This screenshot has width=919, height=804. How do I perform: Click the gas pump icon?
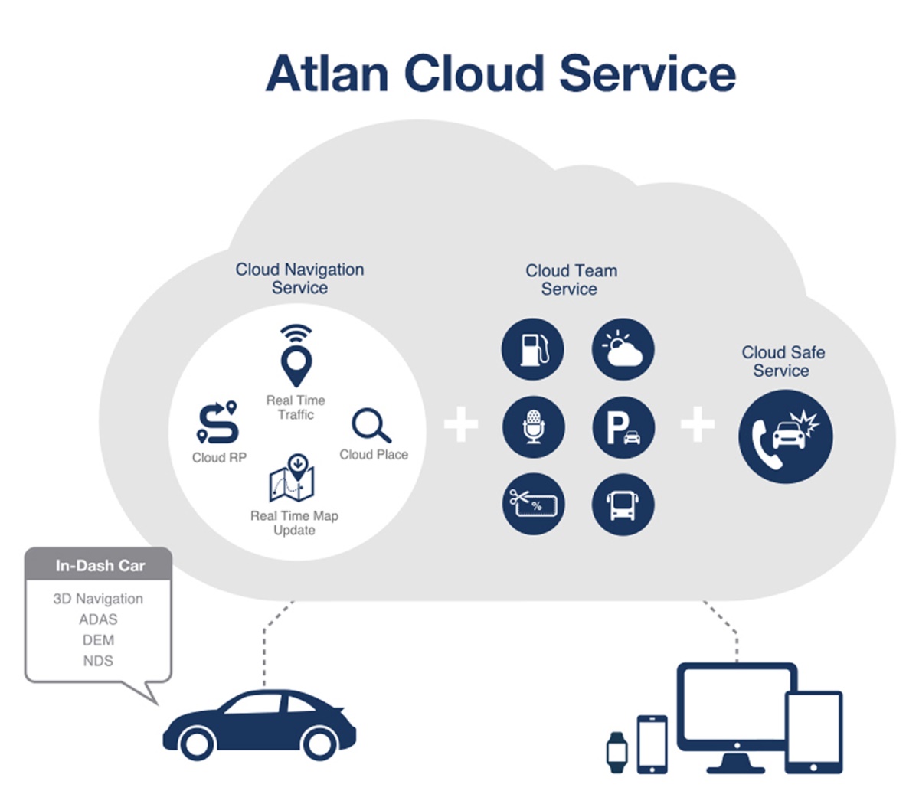(533, 350)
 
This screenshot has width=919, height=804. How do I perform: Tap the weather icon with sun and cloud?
(623, 350)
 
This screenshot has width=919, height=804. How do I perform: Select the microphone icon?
(533, 427)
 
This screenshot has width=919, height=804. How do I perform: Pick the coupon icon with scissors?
(533, 503)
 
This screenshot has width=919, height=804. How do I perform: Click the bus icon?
(623, 504)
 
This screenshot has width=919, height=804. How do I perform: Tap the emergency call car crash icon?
(785, 436)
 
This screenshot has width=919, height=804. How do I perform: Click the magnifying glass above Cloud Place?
(371, 426)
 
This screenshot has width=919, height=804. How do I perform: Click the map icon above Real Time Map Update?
(293, 479)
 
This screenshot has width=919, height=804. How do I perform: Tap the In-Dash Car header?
(100, 566)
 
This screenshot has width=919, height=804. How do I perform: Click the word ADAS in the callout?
(98, 619)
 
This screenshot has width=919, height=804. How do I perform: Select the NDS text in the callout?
(98, 661)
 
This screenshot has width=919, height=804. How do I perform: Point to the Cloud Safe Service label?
(783, 361)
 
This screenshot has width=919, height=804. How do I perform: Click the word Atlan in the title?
(327, 74)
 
